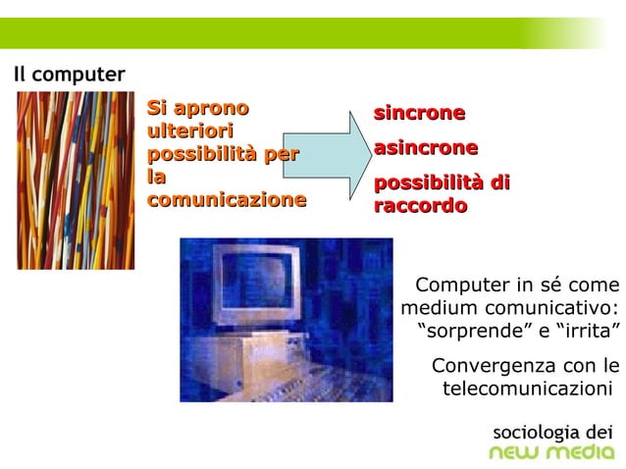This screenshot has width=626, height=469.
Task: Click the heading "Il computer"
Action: click(x=69, y=75)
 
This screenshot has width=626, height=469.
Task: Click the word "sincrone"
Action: click(x=419, y=113)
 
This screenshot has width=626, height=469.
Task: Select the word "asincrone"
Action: click(x=426, y=148)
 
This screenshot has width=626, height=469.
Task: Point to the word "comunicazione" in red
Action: click(x=227, y=200)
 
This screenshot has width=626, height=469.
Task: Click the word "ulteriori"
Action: click(x=188, y=131)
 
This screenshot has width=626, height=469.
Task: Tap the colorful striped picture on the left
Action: click(x=76, y=181)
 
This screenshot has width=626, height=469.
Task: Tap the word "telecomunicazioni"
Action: click(x=526, y=389)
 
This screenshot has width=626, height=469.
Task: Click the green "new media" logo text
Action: click(x=551, y=452)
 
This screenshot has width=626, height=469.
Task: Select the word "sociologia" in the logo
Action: click(x=536, y=431)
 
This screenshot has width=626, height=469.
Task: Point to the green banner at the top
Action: click(x=294, y=33)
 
